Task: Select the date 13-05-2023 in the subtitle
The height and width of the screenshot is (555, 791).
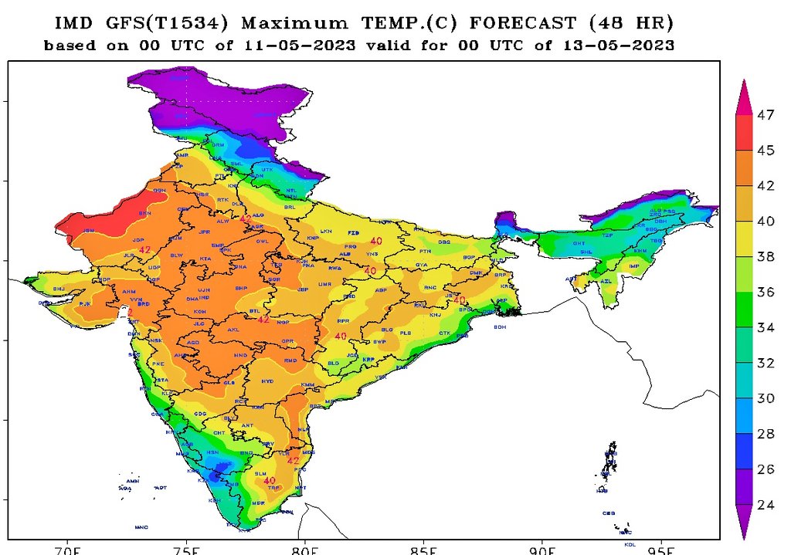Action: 626,46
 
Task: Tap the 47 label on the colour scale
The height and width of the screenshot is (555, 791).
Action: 766,115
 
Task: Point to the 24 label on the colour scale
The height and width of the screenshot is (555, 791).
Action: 766,505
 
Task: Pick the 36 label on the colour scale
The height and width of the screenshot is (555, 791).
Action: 766,292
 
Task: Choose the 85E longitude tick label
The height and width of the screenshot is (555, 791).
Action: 423,550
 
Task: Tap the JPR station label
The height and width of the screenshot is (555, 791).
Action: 205,232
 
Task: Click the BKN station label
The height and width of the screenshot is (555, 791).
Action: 144,213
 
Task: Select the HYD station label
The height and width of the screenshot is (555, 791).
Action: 267,381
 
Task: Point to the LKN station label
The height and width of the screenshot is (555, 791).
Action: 326,231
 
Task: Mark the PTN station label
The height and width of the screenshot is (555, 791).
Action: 425,252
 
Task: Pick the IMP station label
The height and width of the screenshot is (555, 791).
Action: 635,266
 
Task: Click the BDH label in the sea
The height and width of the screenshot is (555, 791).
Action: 500,327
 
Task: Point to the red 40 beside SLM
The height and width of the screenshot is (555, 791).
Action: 270,481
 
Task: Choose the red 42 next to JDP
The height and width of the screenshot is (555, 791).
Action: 144,249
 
